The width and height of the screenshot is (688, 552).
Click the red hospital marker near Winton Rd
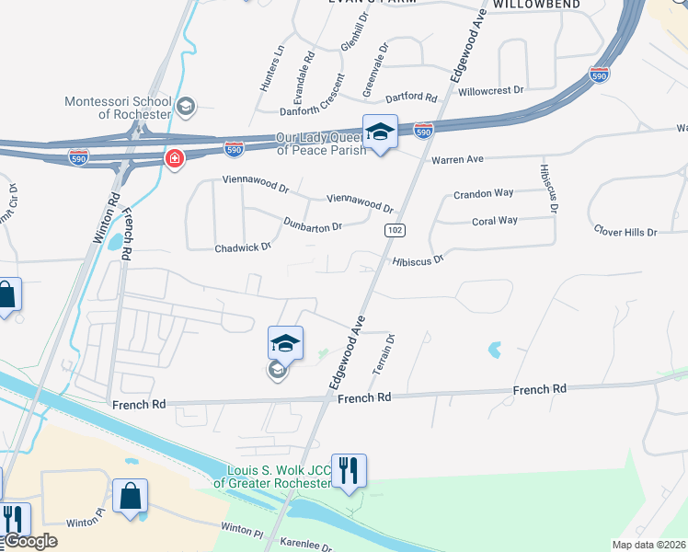(174, 160)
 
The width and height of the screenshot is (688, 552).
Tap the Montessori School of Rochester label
(118, 108)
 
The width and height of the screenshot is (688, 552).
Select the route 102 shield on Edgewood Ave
(390, 228)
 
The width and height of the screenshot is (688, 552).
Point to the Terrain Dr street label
(384, 354)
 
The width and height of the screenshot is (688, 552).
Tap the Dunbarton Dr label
(313, 224)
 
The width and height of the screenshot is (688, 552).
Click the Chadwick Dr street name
(243, 247)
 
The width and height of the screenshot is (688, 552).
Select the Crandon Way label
(483, 194)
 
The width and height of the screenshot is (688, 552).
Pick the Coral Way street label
(494, 221)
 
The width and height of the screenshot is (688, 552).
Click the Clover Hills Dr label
(625, 232)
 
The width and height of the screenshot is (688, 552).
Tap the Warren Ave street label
(457, 159)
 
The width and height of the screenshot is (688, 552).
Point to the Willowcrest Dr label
(490, 91)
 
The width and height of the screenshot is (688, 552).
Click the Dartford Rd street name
(411, 97)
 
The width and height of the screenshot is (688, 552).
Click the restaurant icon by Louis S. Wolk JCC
(349, 471)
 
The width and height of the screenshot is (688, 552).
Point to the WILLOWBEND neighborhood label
(536, 5)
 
